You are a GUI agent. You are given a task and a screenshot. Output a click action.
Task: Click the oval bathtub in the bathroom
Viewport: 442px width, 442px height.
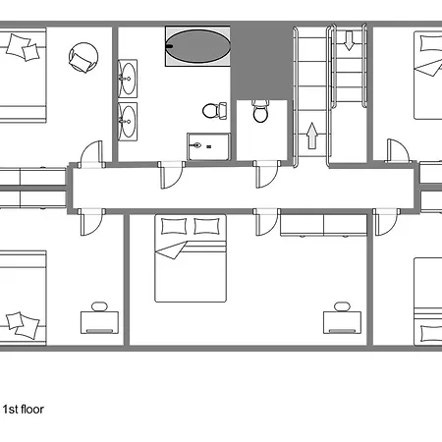(x=197, y=46)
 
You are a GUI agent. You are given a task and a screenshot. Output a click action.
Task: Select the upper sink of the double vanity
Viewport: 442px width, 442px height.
(x=128, y=79)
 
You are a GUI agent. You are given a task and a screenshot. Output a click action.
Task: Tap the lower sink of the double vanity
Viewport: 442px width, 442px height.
(x=128, y=122)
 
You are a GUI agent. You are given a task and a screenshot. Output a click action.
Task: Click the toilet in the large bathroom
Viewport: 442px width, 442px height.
(x=214, y=111)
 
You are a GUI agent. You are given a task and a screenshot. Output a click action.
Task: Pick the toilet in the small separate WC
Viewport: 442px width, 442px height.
(x=261, y=111)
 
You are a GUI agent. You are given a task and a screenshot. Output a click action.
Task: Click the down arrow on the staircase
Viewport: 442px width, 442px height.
(x=350, y=40)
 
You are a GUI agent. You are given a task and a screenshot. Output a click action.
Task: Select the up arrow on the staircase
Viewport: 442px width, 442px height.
(x=312, y=136)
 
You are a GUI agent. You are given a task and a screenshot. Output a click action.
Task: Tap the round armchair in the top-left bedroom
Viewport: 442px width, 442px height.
(x=83, y=58)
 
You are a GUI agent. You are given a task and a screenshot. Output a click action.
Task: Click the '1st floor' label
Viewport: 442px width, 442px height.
(x=24, y=410)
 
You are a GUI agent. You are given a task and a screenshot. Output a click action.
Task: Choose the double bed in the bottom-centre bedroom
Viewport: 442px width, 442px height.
(x=191, y=258)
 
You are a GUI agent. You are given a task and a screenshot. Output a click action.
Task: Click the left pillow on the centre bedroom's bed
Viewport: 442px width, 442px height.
(x=174, y=226)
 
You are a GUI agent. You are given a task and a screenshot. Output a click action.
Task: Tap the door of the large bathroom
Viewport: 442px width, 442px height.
(x=172, y=175)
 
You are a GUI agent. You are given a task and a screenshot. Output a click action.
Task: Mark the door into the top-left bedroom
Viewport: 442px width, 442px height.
(x=91, y=154)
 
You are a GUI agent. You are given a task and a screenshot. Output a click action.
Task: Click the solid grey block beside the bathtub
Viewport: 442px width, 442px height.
(x=261, y=62)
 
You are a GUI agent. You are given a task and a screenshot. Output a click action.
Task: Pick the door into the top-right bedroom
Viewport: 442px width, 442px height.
(x=398, y=150)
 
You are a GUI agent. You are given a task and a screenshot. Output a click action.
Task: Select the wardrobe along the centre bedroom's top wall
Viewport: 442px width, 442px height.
(x=323, y=225)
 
